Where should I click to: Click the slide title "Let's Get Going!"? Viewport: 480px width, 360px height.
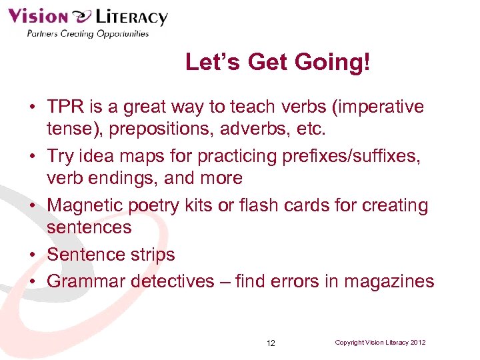tap(277, 63)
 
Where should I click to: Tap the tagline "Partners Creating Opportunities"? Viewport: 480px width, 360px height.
tap(87, 34)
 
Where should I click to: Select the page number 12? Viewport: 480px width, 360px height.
tap(271, 343)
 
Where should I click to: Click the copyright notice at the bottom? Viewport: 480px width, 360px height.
tap(380, 342)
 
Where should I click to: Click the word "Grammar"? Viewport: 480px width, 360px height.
tap(86, 281)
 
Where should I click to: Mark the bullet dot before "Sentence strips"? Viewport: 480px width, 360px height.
tap(32, 255)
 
